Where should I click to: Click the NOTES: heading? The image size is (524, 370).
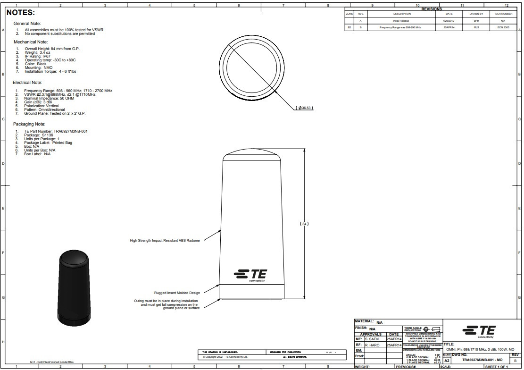(x=21, y=13)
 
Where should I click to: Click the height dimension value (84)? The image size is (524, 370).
(x=304, y=224)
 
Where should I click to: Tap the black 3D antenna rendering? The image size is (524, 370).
(x=74, y=288)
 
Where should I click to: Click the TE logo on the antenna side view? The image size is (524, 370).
(x=250, y=275)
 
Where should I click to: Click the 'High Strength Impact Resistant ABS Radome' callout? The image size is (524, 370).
(x=165, y=240)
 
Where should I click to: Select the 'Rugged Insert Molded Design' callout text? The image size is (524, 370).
(x=177, y=293)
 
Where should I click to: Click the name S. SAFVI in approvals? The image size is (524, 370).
(x=373, y=339)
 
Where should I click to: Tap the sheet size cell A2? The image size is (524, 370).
(x=447, y=361)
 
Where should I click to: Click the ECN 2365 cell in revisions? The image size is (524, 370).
(x=503, y=28)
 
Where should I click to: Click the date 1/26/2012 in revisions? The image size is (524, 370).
(x=449, y=21)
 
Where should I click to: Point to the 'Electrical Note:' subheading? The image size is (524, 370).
(x=28, y=82)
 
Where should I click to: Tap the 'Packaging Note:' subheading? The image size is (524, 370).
(x=29, y=124)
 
